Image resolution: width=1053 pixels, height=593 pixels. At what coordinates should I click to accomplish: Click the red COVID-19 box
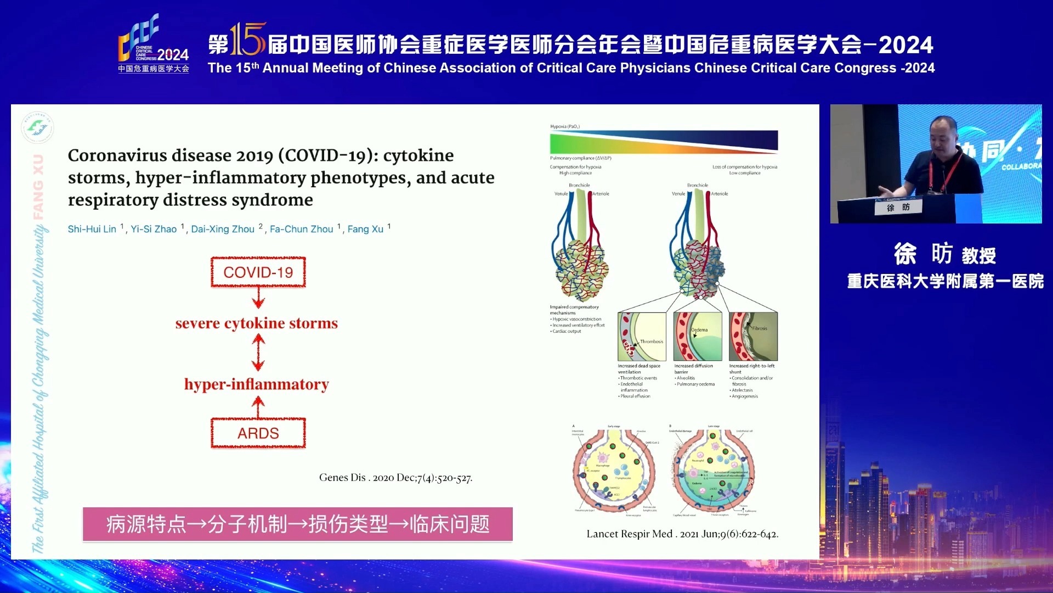click(258, 272)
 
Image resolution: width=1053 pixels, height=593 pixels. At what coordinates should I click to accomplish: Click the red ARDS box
click(258, 433)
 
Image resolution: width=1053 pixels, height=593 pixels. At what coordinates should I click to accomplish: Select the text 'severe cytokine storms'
click(256, 323)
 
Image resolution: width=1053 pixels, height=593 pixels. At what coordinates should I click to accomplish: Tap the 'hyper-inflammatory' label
click(256, 384)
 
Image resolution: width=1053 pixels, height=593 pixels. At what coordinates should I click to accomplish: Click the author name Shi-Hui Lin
click(92, 229)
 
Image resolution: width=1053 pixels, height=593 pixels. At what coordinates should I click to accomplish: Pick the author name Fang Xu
click(365, 229)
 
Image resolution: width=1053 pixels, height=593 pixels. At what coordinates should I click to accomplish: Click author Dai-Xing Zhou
click(223, 229)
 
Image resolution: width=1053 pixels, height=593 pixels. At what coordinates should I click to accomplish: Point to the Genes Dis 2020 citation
click(395, 478)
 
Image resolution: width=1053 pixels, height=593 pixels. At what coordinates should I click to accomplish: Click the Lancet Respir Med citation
click(682, 534)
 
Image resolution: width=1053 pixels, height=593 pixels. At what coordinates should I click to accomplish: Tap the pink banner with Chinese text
click(297, 524)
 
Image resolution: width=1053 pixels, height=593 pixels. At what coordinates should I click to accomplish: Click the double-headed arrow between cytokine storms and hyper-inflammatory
click(258, 353)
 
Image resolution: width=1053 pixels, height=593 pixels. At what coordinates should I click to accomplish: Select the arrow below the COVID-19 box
click(258, 298)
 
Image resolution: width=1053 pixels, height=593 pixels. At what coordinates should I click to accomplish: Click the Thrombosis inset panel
click(642, 336)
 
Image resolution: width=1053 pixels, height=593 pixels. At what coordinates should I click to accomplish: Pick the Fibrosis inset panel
click(753, 336)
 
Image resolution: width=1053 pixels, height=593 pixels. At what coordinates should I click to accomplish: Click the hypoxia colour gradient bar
click(664, 142)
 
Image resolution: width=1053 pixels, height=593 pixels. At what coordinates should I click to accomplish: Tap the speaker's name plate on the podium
click(898, 208)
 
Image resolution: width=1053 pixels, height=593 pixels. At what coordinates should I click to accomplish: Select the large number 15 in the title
click(248, 40)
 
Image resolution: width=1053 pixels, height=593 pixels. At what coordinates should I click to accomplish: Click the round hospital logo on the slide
click(37, 127)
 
